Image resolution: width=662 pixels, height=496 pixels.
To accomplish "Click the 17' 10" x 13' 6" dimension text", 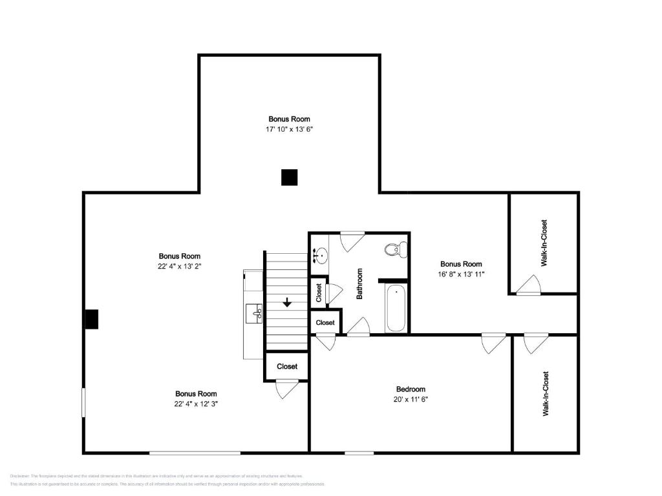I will pos(289,129).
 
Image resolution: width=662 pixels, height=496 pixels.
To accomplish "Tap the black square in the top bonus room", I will pos(289,178).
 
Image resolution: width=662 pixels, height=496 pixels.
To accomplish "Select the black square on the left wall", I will pos(91,319).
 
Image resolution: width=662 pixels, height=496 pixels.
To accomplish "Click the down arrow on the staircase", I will pos(287,302).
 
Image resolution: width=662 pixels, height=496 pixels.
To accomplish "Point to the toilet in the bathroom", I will pos(395,249).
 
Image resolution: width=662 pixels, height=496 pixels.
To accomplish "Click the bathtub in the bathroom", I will pos(396,309).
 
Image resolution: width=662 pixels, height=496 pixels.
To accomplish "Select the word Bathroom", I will pos(359,284).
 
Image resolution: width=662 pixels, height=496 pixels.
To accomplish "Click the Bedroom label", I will pos(411,389).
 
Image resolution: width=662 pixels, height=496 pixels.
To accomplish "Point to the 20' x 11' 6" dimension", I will pos(411,399).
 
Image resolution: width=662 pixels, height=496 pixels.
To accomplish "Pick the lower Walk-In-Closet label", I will pos(545,393).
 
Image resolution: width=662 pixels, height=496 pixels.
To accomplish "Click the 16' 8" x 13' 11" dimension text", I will pos(461,274).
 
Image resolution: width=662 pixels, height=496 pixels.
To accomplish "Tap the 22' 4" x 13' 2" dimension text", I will pos(180,266).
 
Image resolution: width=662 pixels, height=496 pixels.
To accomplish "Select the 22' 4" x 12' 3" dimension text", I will pos(195,404).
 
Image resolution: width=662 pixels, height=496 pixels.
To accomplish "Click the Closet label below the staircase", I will pos(287,366).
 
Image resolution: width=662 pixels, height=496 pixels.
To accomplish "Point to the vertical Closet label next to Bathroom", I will pos(319,293).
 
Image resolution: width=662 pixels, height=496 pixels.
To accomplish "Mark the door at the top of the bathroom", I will pos(352,240).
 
